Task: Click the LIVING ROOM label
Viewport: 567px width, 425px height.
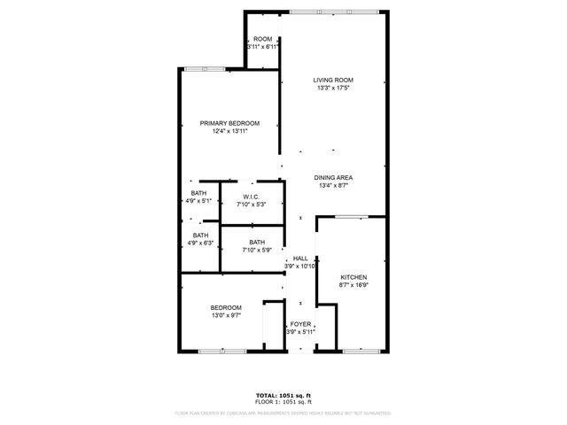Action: pyautogui.click(x=334, y=81)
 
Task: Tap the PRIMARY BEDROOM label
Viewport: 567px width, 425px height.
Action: pyautogui.click(x=229, y=123)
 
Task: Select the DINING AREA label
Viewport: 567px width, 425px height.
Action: pyautogui.click(x=334, y=178)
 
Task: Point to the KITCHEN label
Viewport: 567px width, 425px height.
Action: pyautogui.click(x=353, y=277)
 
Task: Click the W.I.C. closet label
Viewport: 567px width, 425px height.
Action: pyautogui.click(x=252, y=197)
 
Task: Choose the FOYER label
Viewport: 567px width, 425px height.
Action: pyautogui.click(x=300, y=325)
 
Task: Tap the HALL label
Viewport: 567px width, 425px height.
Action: pyautogui.click(x=300, y=259)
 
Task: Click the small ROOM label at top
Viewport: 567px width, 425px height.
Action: pyautogui.click(x=262, y=39)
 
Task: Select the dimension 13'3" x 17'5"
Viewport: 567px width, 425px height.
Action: pyautogui.click(x=334, y=89)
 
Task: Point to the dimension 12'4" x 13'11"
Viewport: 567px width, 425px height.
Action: pyautogui.click(x=229, y=132)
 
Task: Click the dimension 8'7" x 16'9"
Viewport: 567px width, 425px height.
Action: pyautogui.click(x=353, y=285)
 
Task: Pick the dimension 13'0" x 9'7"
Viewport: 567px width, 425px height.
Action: pyautogui.click(x=227, y=315)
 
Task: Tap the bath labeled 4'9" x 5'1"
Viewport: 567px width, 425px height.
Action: pyautogui.click(x=199, y=197)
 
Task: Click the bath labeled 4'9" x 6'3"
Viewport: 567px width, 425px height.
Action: pyautogui.click(x=200, y=239)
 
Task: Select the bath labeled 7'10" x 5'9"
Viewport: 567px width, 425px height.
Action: pyautogui.click(x=256, y=246)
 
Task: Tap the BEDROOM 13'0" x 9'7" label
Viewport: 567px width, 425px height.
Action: pyautogui.click(x=227, y=307)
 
